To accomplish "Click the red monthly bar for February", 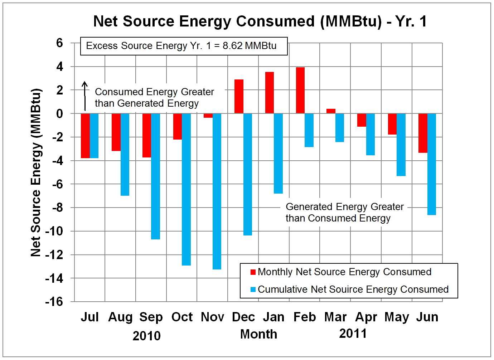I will [300, 90].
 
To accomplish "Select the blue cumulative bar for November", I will [217, 191].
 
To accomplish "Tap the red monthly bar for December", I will [239, 96].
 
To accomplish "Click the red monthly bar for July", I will [85, 136].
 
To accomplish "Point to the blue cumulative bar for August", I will [125, 154].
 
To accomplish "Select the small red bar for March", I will [331, 111].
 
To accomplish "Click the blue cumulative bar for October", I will [186, 189].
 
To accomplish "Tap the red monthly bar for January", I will [270, 93].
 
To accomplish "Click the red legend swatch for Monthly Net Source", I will [253, 272].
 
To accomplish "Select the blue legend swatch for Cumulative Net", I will [253, 290].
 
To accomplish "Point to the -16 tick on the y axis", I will [54, 302].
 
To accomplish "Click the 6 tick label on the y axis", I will [59, 43].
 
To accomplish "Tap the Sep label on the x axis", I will [151, 317].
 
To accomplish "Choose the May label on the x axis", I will [397, 317].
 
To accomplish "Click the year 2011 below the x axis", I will [353, 334].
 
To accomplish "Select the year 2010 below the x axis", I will [146, 336].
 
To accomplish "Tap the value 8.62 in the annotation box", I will [232, 46].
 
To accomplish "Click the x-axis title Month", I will [258, 334].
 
